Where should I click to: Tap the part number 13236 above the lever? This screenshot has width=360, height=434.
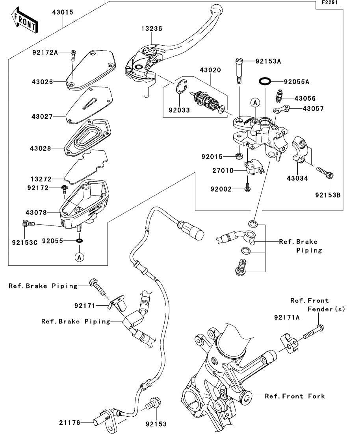click(x=152, y=29)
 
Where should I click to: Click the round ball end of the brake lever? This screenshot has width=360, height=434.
click(x=216, y=8)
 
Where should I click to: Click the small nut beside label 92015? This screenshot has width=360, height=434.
click(x=239, y=156)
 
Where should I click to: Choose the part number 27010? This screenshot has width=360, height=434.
click(x=223, y=171)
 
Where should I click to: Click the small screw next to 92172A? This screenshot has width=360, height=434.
click(x=73, y=55)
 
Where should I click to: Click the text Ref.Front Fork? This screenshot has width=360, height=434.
click(x=295, y=396)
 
